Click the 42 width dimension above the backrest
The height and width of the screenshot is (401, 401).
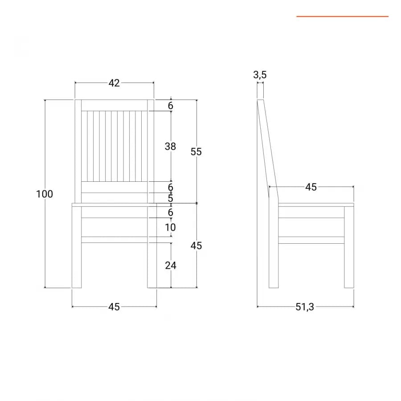point(114,83)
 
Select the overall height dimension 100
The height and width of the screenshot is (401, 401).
point(45,194)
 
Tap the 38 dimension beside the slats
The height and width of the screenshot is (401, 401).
point(170,147)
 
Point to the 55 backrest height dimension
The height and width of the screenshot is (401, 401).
point(196,151)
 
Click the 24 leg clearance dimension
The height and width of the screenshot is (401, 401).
point(171,266)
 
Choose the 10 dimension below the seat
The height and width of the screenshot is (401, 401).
point(170,227)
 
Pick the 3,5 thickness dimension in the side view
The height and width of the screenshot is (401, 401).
point(260,75)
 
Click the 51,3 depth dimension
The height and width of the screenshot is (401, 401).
point(305,307)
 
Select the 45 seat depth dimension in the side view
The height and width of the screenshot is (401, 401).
point(311,187)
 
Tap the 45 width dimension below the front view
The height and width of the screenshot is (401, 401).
point(114,307)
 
